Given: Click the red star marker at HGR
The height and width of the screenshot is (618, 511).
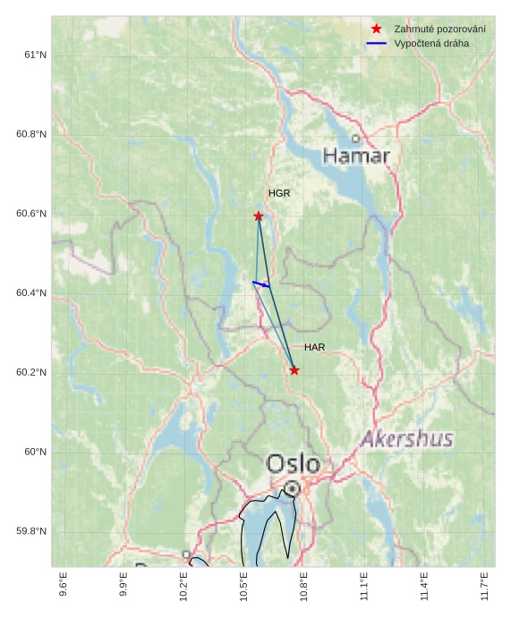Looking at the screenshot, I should click(259, 216).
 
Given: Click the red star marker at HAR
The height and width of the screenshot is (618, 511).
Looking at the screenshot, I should click(294, 370).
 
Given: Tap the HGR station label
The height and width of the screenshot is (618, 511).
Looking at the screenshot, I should click(279, 193).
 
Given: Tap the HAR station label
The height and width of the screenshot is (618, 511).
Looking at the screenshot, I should click(314, 347).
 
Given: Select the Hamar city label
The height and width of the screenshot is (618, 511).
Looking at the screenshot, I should click(356, 157).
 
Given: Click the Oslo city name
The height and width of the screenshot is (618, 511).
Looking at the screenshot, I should click(293, 463).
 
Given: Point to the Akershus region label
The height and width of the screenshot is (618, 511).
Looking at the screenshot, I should click(407, 439).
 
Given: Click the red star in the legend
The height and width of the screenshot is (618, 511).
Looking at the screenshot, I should click(377, 29).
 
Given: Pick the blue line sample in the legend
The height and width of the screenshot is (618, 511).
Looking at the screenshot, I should click(377, 43).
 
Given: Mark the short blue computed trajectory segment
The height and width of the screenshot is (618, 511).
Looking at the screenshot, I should click(261, 284).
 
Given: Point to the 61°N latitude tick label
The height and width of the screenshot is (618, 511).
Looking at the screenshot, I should click(35, 55).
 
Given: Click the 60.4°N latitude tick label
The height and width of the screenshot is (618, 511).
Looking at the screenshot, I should click(31, 293).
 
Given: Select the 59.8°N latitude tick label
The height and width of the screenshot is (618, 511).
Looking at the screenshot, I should click(31, 531).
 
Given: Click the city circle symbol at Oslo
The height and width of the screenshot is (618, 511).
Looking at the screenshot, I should click(293, 487).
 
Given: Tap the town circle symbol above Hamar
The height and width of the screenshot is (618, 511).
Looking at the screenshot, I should click(356, 139).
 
